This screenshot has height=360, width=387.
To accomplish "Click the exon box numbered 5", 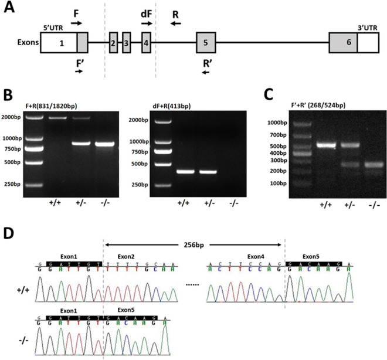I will pyautogui.click(x=206, y=43).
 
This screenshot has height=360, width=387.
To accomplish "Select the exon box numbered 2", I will pyautogui.click(x=113, y=43).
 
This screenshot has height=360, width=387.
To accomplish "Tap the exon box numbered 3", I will pyautogui.click(x=126, y=43).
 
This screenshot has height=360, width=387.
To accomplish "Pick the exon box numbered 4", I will pyautogui.click(x=146, y=43).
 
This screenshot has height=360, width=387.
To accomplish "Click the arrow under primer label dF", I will pyautogui.click(x=147, y=23).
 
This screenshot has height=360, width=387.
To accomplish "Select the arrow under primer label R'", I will pyautogui.click(x=205, y=72).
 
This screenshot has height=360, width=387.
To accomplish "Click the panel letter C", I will pyautogui.click(x=268, y=94).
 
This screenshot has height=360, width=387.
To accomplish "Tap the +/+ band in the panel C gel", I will pyautogui.click(x=325, y=145).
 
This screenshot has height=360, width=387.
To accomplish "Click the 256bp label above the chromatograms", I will pyautogui.click(x=193, y=244).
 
